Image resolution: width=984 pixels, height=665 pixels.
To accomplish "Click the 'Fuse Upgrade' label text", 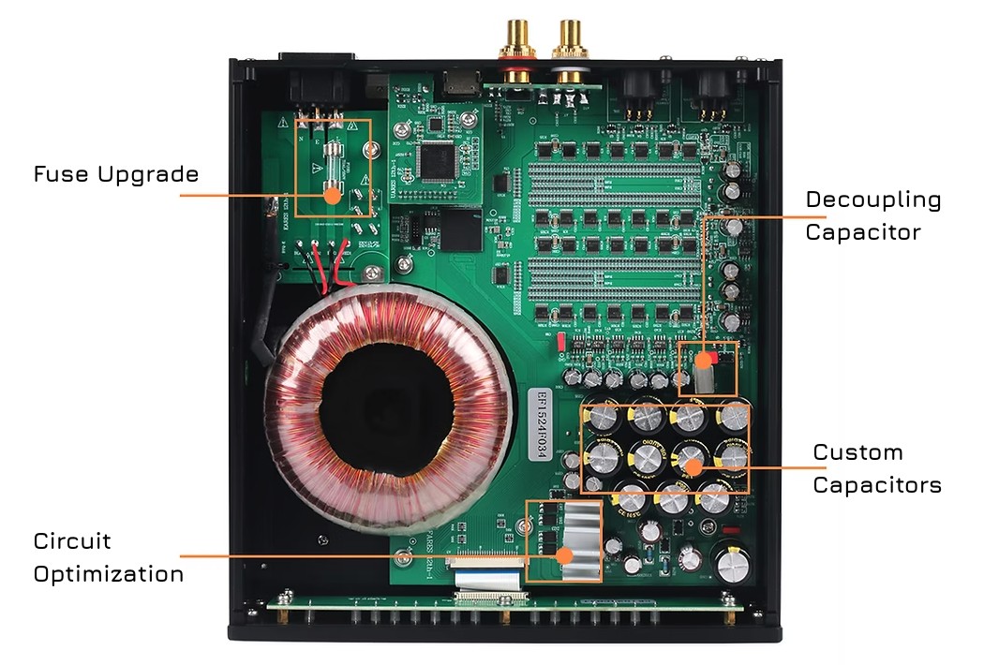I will coord(116,174).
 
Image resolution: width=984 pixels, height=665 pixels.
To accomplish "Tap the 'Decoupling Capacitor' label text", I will coord(872,215).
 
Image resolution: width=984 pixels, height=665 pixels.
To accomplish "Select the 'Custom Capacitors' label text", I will coord(876,468).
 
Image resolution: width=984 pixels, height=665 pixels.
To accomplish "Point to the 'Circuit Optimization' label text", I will coord(108,557).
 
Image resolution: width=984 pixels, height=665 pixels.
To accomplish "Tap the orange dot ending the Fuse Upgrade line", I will coord(330,195).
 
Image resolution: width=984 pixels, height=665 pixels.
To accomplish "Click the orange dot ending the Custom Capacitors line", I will coord(693,466).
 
